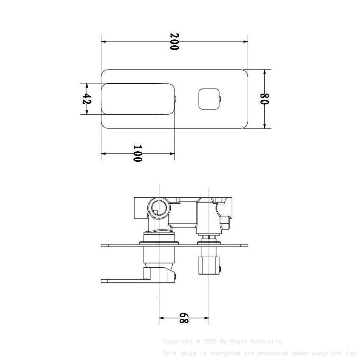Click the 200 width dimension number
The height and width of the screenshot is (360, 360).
174,42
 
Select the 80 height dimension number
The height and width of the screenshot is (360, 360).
265,99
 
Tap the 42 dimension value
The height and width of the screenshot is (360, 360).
86,99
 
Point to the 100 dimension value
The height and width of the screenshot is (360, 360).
138,153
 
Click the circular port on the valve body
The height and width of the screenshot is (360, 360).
159,208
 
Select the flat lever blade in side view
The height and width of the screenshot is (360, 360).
123,280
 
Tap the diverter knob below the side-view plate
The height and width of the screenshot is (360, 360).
209,265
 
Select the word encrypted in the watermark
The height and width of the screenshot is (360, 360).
217,353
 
